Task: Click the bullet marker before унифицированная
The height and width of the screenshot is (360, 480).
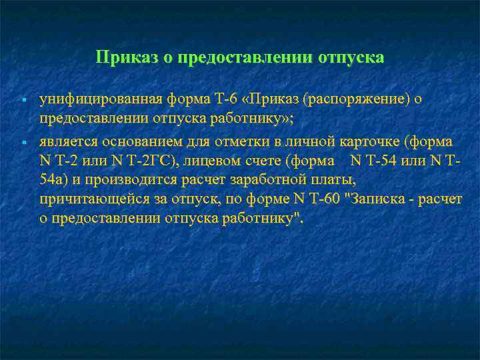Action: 23,100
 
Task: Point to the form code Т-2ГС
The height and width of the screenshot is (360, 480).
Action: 154,161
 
